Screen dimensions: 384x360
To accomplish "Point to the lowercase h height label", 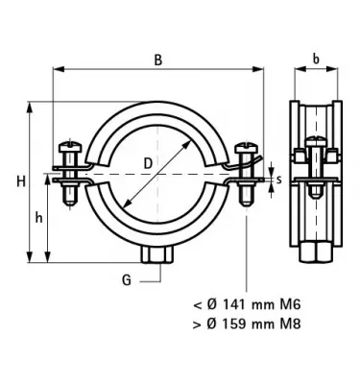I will [38, 218].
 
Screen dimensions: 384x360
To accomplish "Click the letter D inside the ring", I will [148, 163].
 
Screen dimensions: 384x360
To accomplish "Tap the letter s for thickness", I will [276, 179].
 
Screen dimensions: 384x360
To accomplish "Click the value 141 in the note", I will [228, 304].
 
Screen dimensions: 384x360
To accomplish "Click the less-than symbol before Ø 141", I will [196, 304].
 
